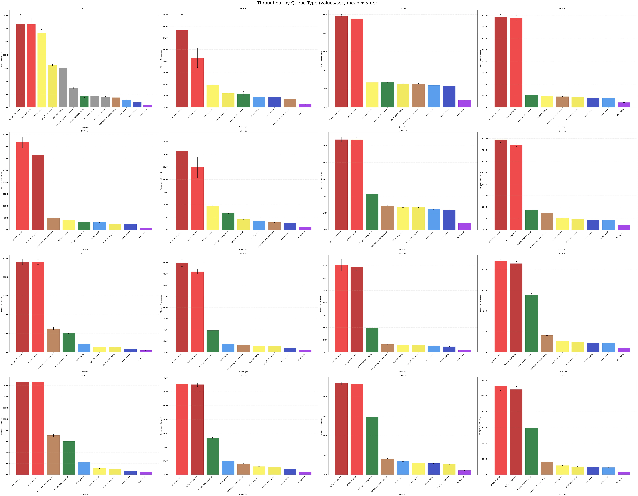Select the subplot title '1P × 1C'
coord(84,8)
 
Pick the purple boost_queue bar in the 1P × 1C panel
coord(148,106)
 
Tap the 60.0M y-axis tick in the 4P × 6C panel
coord(484,290)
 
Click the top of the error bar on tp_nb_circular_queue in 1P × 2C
coord(182,15)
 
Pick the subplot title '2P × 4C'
coord(403,131)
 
